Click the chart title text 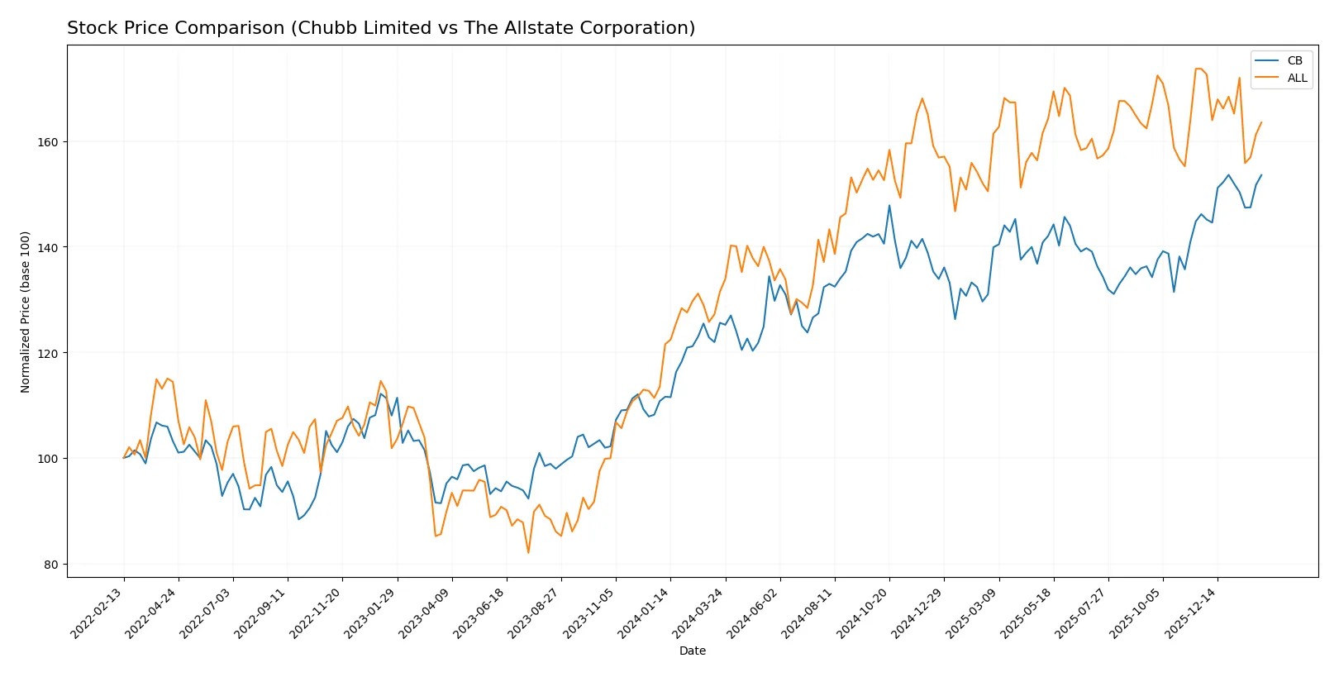(x=381, y=28)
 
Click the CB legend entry (x=1294, y=60)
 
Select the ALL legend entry (x=1296, y=78)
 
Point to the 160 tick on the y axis (x=48, y=142)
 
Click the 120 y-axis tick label (x=48, y=353)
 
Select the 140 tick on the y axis (x=48, y=247)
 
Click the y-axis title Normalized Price (x=26, y=312)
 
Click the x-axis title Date (x=692, y=651)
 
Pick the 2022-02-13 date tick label (x=97, y=613)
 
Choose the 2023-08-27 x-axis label (x=534, y=613)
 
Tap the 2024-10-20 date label (x=862, y=613)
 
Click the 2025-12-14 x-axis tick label (x=1190, y=613)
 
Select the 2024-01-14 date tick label (x=643, y=613)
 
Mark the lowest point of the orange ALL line (x=528, y=552)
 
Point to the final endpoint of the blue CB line (x=1261, y=175)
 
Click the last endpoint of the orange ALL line (x=1261, y=122)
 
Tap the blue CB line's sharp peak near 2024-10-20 (x=889, y=206)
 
